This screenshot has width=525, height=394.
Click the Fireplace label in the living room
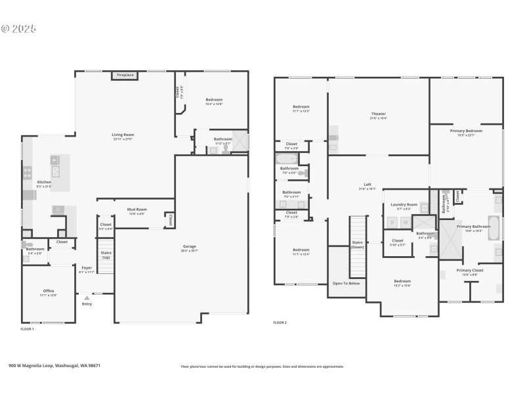pos(125,75)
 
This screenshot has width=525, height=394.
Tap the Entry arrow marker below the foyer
pos(87,297)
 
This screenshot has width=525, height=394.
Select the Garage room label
pos(190,246)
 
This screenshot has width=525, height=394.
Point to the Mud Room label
pos(136,209)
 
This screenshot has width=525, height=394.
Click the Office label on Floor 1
pos(49,291)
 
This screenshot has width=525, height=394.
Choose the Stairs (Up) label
pos(105,254)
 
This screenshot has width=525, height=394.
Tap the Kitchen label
pos(44,182)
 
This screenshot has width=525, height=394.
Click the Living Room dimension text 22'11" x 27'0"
pos(123,139)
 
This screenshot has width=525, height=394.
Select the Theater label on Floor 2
pos(378,114)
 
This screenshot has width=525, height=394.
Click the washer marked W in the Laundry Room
pos(406,222)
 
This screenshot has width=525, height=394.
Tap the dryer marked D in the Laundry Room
pos(392,222)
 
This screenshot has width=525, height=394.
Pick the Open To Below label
pos(346,284)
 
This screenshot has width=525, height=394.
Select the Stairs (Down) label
pos(358,244)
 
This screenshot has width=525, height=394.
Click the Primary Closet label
pos(470,270)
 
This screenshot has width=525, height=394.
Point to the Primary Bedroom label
pos(466,131)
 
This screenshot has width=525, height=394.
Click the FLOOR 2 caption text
pos(280,322)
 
